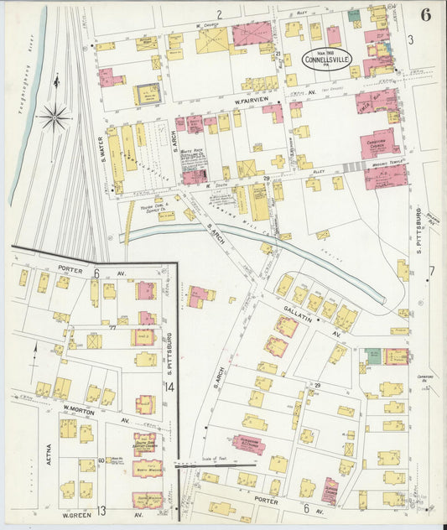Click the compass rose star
click(x=55, y=117)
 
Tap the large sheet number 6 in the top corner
click(x=426, y=14)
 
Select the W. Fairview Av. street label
click(x=252, y=101)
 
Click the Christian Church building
click(x=379, y=144)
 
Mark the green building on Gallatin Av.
click(x=373, y=356)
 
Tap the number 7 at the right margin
click(x=431, y=270)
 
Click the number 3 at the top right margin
click(x=410, y=39)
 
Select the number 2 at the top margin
click(x=219, y=14)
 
